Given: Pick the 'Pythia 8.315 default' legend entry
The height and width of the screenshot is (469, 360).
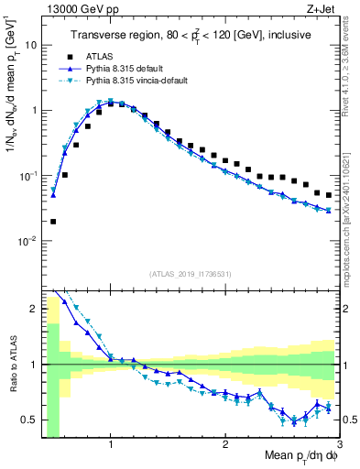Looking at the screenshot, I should click(136, 68).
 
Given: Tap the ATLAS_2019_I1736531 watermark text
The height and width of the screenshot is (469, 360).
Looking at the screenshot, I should click(191, 274).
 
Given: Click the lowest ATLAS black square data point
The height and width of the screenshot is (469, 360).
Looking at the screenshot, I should click(53, 222).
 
